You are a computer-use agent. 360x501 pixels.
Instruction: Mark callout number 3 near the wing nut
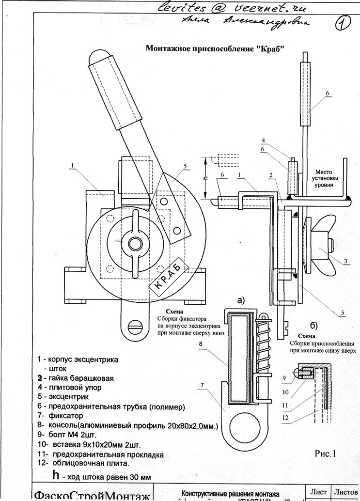(346, 261)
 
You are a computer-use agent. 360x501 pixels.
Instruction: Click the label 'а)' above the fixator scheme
(241, 300)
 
